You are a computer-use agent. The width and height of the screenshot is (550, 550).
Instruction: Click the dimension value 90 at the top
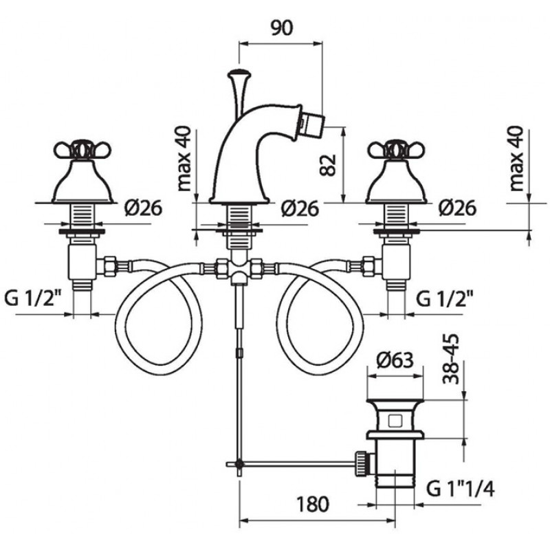(x=282, y=28)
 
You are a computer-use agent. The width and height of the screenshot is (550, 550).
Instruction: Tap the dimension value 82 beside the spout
(x=328, y=165)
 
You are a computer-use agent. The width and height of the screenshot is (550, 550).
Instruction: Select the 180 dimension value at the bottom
(x=313, y=504)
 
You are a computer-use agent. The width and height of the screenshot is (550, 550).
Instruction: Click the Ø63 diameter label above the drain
(x=395, y=360)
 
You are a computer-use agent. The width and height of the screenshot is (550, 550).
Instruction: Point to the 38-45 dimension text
(x=451, y=359)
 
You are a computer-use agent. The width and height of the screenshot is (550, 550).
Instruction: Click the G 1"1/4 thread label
(x=461, y=489)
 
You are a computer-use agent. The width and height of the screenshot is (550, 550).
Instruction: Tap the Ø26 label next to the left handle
(x=143, y=208)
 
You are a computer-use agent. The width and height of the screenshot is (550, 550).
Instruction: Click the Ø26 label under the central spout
(x=300, y=208)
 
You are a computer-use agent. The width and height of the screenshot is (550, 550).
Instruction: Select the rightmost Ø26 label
(x=457, y=208)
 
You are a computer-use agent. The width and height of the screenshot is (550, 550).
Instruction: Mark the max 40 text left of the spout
(x=184, y=159)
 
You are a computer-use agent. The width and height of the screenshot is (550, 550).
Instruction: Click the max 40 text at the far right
(x=516, y=159)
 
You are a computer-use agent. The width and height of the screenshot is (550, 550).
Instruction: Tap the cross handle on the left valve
(x=82, y=150)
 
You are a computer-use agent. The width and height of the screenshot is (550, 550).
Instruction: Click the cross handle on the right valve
(x=397, y=150)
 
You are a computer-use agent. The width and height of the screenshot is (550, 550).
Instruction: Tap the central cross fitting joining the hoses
(x=239, y=269)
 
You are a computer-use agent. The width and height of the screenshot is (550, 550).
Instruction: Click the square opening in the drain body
(x=395, y=421)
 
